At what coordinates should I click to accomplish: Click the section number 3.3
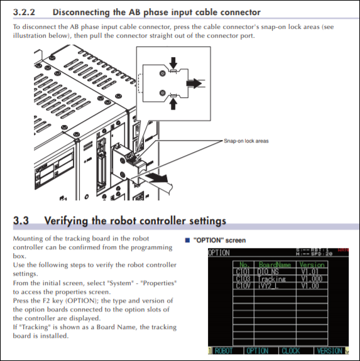pyautogui.click(x=22, y=221)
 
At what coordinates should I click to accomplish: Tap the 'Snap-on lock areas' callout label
pyautogui.click(x=246, y=141)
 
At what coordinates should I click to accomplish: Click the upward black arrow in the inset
pyautogui.click(x=174, y=101)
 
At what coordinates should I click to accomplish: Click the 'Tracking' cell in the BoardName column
pyautogui.click(x=271, y=279)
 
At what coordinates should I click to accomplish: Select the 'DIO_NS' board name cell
pyautogui.click(x=270, y=271)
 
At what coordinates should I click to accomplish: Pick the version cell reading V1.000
pyautogui.click(x=312, y=279)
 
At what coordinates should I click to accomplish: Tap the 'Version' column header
pyautogui.click(x=312, y=264)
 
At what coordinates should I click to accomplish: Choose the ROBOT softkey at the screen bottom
pyautogui.click(x=224, y=350)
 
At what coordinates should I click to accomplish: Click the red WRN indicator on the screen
pyautogui.click(x=343, y=250)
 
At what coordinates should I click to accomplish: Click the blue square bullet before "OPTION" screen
pyautogui.click(x=187, y=240)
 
